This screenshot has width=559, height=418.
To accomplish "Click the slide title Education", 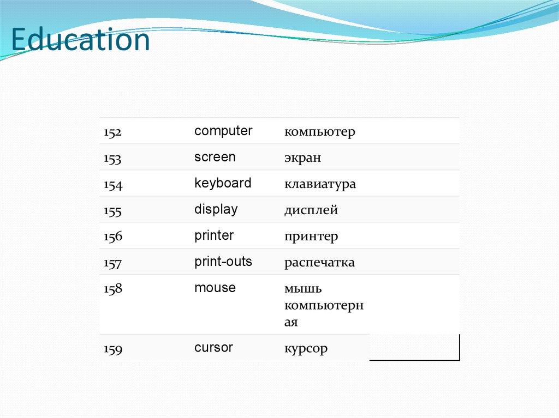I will point(80,40).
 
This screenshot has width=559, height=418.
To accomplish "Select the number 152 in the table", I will point(113,132).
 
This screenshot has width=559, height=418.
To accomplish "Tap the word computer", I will point(223,131).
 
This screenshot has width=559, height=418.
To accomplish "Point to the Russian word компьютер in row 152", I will point(319,132).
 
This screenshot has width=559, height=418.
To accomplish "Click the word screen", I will point(215,157).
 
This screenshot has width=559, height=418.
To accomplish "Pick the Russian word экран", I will point(302,158).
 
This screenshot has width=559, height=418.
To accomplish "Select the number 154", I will point(113,185).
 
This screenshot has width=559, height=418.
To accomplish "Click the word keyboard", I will point(223,183).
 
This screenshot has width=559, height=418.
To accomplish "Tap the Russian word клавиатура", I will point(320,184).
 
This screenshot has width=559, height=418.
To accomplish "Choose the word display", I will point(216,210).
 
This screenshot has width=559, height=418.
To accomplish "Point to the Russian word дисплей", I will point(311,210).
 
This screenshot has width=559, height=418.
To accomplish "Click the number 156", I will point(113,237).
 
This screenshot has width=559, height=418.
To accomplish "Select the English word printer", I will point(214,235).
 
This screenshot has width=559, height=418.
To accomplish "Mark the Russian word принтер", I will point(311,237).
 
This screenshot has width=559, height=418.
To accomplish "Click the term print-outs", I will point(223,262).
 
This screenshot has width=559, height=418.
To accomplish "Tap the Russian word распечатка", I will point(319,263).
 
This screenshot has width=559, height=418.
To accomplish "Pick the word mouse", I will point(215,288).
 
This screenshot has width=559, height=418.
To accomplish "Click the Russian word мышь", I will point(303,288).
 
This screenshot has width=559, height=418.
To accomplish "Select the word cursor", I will point(213,348).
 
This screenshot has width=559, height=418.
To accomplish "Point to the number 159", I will point(113,349).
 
